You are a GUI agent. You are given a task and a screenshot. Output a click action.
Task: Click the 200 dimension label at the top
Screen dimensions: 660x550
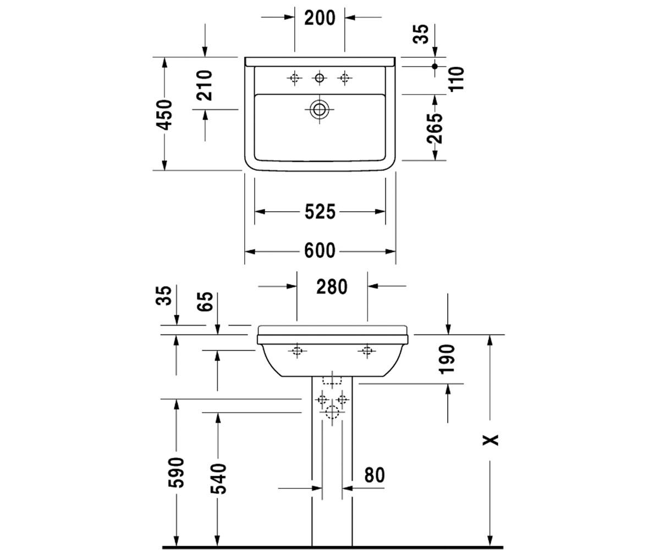pos(320,18)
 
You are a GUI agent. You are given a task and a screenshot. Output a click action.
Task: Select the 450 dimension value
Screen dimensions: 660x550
pos(164,115)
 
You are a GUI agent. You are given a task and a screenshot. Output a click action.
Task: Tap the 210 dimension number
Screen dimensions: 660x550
pos(204,85)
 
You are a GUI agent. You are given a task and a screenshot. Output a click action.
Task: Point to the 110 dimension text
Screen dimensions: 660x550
pos(457,79)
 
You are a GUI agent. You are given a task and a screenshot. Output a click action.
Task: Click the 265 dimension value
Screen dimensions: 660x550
pos(435,128)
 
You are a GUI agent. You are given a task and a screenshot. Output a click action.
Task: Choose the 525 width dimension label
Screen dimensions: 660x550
pos(320,212)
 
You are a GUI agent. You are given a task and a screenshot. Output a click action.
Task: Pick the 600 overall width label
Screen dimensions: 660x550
pos(320,251)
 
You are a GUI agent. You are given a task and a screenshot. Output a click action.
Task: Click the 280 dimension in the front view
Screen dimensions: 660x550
pos(332,287)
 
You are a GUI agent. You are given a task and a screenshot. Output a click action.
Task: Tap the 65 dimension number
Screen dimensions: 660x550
pos(206,301)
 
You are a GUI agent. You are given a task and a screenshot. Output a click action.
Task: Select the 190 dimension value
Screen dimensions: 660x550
pos(447,359)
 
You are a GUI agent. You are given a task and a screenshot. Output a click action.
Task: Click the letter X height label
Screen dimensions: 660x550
pos(490,440)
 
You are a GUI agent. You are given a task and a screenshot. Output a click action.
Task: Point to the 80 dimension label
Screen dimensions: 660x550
pos(375,475)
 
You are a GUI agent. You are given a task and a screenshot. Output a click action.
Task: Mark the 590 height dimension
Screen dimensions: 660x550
pos(176,472)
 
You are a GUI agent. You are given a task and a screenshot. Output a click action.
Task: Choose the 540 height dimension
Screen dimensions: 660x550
pos(218,479)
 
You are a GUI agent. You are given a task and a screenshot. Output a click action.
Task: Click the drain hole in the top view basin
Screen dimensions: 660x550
pos(319,109)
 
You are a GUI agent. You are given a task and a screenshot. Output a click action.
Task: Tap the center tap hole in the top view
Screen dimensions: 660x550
pos(319,78)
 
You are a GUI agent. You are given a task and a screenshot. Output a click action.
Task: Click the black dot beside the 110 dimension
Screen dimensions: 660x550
pos(435,67)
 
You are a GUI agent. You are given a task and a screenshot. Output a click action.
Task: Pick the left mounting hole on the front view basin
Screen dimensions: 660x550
pos(297,350)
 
